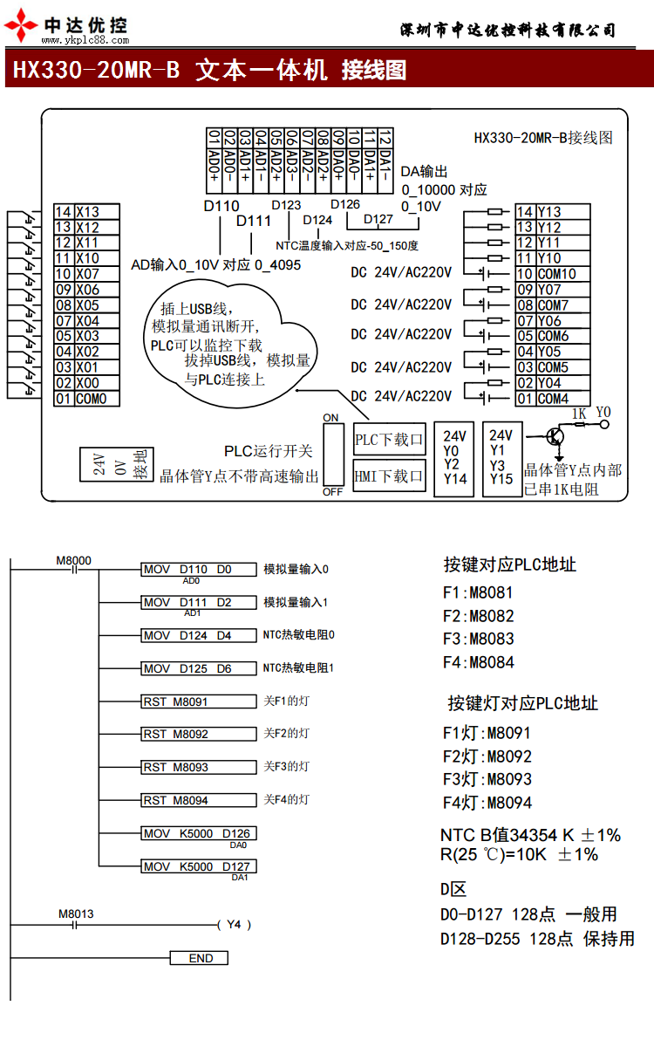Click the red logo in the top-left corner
(x=21, y=26)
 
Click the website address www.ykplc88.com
(x=85, y=40)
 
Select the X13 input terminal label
(x=87, y=212)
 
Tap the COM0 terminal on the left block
(x=91, y=399)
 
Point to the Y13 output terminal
(x=548, y=212)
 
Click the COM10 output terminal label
(x=556, y=274)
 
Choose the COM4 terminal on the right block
(x=553, y=399)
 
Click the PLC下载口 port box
(x=389, y=439)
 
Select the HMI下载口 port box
(x=389, y=476)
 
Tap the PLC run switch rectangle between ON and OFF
(x=333, y=455)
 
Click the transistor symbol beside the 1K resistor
(x=555, y=437)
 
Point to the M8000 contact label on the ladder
(x=74, y=560)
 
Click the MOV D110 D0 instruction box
(x=199, y=569)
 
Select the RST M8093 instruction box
(x=199, y=768)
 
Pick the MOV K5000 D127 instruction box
(x=199, y=866)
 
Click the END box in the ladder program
(x=200, y=958)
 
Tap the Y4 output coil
(x=234, y=925)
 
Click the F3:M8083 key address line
(x=479, y=639)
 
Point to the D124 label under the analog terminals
(x=317, y=220)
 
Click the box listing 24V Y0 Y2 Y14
(x=454, y=458)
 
